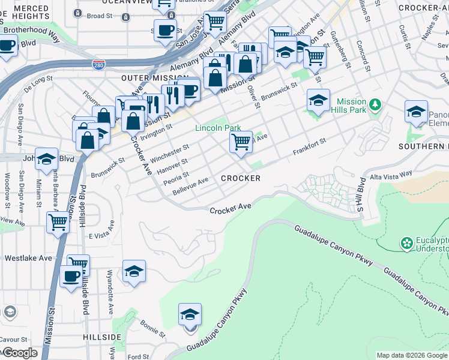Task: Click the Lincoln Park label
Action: [x=218, y=128]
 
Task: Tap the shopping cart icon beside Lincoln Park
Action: [x=241, y=143]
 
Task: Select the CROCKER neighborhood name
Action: [x=241, y=178]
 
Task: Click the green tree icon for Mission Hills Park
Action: [x=376, y=105]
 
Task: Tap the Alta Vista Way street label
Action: [x=391, y=173]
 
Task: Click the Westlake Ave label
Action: [x=23, y=259]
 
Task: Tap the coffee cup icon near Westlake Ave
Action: [x=71, y=277]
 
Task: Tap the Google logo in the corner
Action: [x=20, y=352]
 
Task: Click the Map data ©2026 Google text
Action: [x=411, y=355]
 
